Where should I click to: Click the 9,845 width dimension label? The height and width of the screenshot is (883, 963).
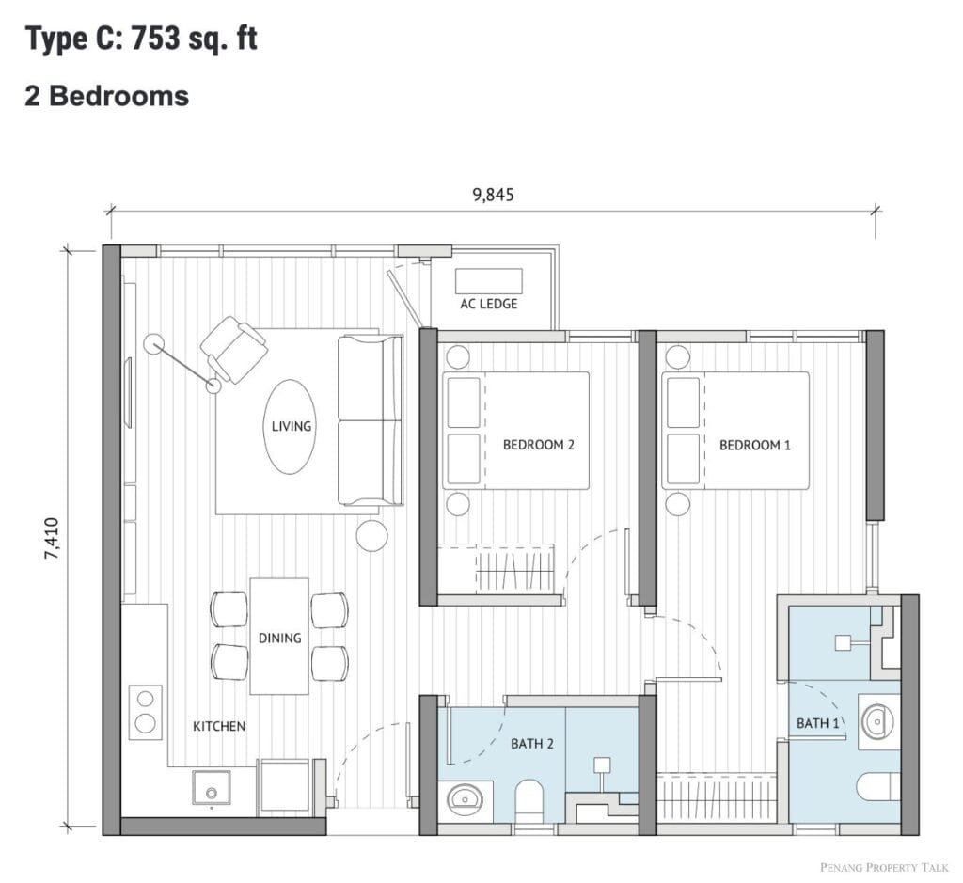pos(493,195)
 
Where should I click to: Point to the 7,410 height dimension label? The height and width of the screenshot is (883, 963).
pos(52,539)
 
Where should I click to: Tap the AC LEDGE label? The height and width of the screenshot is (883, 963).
pos(489,304)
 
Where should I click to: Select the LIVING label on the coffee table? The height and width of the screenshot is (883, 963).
pos(292,426)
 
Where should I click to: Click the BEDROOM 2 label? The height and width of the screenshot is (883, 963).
pos(539,445)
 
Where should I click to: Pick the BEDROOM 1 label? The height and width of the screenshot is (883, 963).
pos(755,445)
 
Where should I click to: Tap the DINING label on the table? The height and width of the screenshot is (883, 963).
pos(279,638)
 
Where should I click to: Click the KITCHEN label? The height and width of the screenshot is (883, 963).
pos(219,726)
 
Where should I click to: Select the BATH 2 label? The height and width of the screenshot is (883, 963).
pos(532,744)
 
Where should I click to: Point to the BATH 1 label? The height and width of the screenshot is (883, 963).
pos(817,723)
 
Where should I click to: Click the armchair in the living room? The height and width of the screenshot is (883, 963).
pos(234,349)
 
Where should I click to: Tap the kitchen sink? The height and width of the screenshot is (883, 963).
pos(212,788)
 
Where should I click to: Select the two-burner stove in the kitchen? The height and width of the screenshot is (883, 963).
pos(145,712)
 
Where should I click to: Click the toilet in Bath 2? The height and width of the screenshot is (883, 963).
pos(529,799)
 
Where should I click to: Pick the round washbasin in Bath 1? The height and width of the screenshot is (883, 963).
pos(878,721)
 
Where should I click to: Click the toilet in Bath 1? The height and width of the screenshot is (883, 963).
pos(878,788)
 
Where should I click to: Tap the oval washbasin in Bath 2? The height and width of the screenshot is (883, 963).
pos(465,799)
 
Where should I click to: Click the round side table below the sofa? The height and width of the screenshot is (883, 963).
pos(372,535)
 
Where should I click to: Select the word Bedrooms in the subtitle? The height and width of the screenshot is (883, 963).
pos(118,96)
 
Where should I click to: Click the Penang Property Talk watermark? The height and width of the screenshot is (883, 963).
pos(884,867)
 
